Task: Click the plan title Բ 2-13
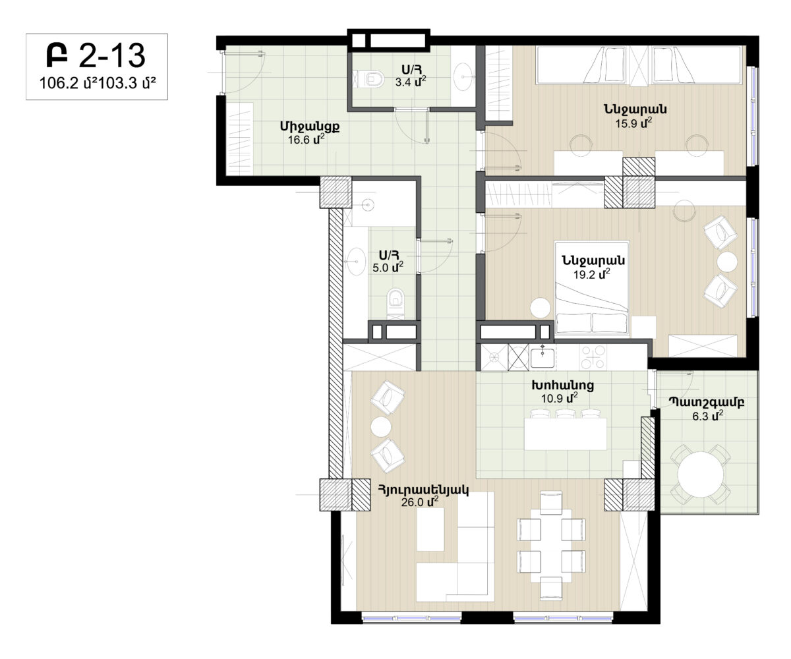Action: click(96, 55)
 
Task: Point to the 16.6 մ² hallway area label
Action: click(306, 139)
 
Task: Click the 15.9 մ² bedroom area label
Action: click(633, 123)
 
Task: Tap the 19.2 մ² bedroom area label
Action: click(591, 274)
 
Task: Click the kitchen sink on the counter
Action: click(542, 358)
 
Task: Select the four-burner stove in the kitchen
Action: click(593, 357)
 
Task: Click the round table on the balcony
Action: click(701, 474)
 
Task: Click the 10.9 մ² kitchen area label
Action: click(559, 398)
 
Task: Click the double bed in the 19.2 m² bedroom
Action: click(592, 287)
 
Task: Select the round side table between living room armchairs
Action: click(381, 427)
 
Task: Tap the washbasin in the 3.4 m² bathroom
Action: click(463, 77)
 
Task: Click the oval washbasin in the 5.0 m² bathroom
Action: click(356, 261)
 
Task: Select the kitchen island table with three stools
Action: click(565, 430)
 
